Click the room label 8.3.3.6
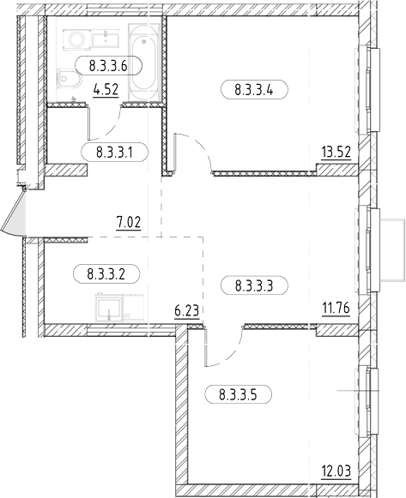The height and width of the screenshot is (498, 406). tap(108, 66)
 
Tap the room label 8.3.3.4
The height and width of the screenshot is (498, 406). tap(254, 89)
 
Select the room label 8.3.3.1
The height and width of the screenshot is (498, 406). tap(115, 153)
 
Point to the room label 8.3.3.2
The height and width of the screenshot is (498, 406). tap(106, 273)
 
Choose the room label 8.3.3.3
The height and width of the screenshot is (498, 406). tap(254, 285)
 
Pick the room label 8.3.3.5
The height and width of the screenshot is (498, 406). tap(238, 395)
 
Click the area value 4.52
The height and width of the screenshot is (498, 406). tap(106, 90)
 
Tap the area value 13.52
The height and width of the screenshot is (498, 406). tap(336, 153)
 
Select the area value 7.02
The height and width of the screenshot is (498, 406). tap(129, 222)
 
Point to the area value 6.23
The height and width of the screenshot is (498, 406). tap(187, 310)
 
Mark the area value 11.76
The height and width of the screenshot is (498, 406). tap(336, 308)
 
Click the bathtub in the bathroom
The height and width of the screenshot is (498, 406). tap(143, 62)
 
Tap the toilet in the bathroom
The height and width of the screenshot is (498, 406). tap(70, 79)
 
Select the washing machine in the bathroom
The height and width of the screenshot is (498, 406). tap(77, 39)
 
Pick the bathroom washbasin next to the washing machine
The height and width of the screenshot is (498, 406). tap(106, 39)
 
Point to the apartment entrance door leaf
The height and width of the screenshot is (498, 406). tap(14, 213)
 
